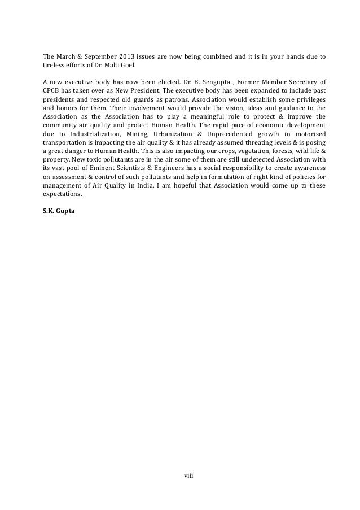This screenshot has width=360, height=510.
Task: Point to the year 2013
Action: (x=131, y=56)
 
